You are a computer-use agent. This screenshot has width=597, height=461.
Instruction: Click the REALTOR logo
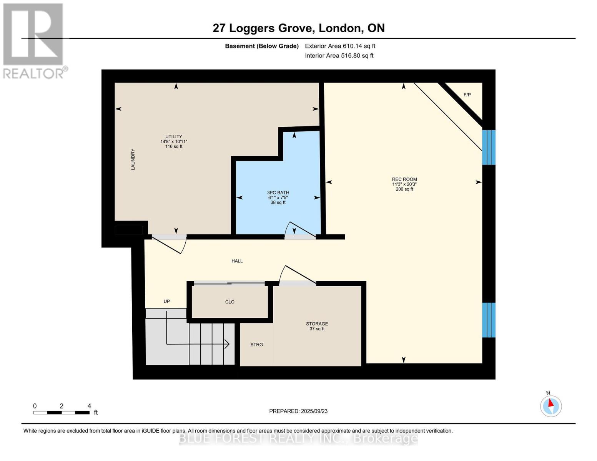[34, 40]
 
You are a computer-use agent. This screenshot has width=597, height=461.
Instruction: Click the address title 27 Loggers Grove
[298, 28]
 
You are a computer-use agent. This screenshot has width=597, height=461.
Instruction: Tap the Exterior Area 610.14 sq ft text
[340, 46]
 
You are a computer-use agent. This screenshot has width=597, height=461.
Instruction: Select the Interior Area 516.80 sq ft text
[339, 56]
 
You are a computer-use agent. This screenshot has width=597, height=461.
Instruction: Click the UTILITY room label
[174, 137]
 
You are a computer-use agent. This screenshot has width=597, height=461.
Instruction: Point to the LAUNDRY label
[133, 159]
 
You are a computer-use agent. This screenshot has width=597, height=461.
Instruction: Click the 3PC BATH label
[278, 193]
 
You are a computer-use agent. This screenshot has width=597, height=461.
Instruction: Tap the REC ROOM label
[404, 179]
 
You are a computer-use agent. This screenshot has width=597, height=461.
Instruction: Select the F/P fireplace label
[467, 95]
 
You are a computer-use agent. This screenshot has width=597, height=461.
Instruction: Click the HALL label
[237, 261]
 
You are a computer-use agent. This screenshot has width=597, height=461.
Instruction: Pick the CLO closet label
[230, 302]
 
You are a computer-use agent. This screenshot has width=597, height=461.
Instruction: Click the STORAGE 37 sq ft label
[317, 326]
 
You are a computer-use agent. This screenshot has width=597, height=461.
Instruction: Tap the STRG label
[257, 345]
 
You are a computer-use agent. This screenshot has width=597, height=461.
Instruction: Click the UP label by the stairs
[166, 302]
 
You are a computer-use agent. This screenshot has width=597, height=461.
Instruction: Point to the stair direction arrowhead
[227, 344]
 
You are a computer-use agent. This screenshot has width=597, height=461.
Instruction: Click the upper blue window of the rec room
[489, 148]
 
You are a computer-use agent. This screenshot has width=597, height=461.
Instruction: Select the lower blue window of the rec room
[489, 320]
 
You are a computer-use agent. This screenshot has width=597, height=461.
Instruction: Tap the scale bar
[62, 413]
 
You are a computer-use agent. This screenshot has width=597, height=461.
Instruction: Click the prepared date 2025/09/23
[298, 411]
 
